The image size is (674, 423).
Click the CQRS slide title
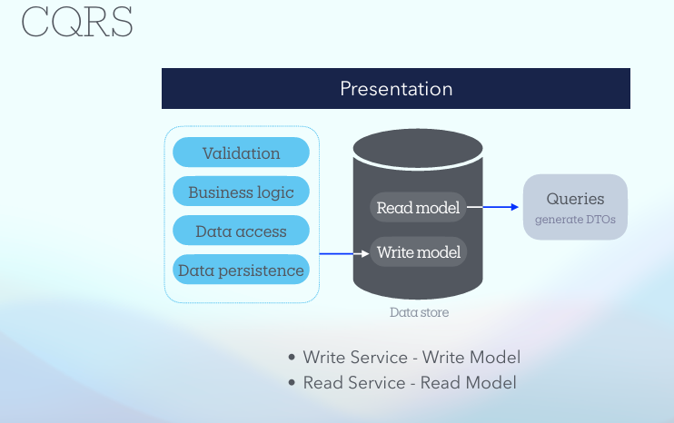77,22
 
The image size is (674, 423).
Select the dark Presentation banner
395,89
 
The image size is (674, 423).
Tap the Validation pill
241,153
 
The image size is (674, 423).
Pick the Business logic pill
241,192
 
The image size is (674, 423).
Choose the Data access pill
241,231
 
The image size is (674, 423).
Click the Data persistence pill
241,271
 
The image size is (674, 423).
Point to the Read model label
418,208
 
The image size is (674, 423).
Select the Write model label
418,251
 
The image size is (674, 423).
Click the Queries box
575,207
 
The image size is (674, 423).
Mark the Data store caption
419,312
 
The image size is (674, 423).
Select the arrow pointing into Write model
344,252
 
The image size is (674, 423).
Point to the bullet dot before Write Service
292,359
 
